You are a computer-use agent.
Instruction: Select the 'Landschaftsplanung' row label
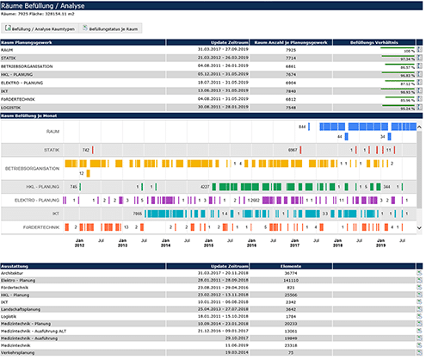click(27, 308)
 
